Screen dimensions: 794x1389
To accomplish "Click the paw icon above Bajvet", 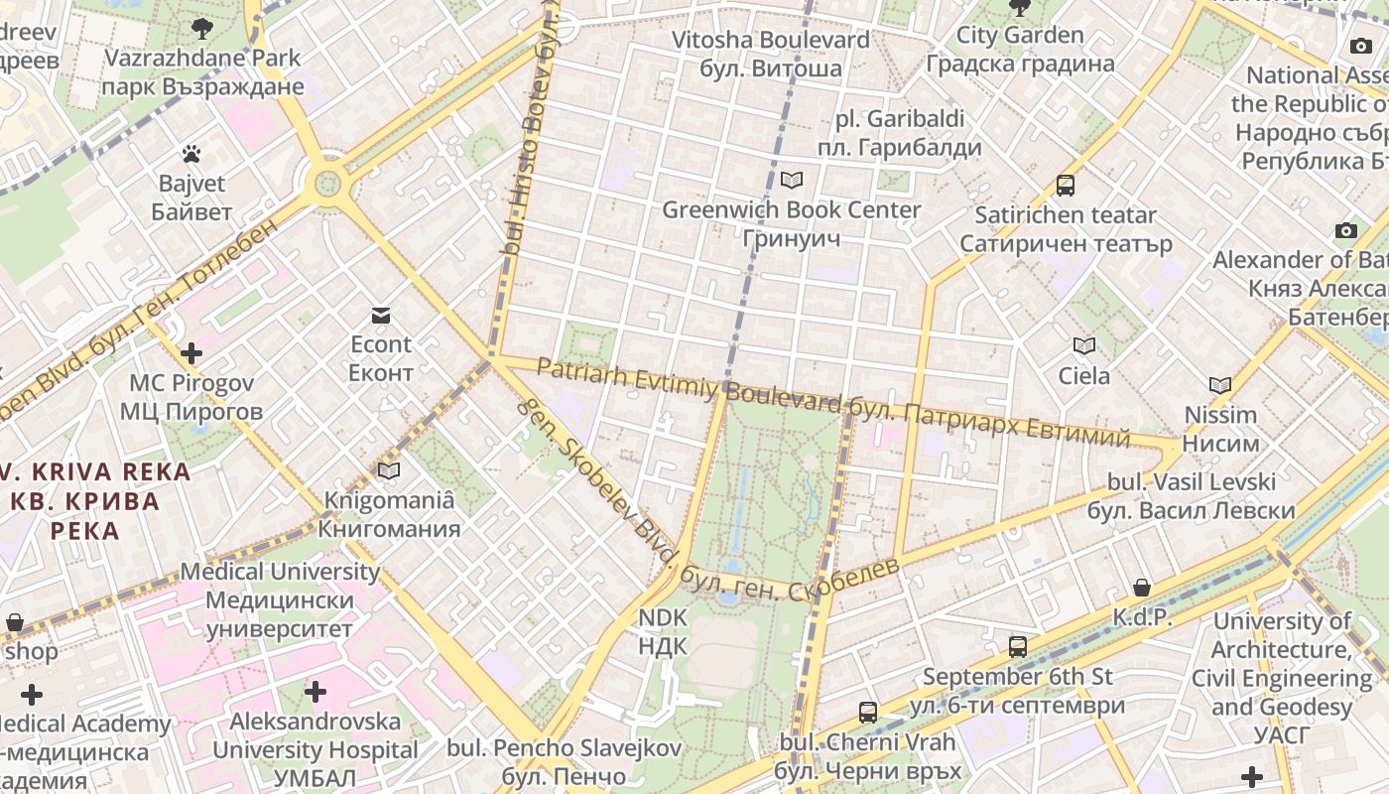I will (x=191, y=154).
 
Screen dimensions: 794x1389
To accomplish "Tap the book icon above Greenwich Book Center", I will (x=791, y=180).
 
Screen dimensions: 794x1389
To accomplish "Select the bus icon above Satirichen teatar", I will (x=1066, y=185).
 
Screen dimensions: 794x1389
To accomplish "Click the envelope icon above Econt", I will (x=381, y=316).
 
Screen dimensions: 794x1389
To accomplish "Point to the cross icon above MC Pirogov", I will (x=191, y=353).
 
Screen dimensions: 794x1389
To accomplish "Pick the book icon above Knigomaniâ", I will (x=389, y=470).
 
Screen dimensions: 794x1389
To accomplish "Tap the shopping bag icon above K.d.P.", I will (x=1142, y=588).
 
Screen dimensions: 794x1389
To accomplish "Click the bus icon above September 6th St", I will (x=1018, y=647).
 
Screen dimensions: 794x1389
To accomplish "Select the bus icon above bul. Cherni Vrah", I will (x=868, y=712).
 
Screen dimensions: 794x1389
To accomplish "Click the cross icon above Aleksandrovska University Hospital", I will (x=316, y=691).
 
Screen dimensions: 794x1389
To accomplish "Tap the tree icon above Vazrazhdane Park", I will (x=202, y=28).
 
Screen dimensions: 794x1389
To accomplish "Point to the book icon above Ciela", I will (x=1084, y=345).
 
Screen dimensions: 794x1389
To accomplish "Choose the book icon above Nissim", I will (x=1220, y=385).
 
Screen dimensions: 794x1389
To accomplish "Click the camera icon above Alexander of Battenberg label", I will (x=1345, y=231).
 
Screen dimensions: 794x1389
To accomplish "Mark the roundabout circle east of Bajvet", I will (x=328, y=183).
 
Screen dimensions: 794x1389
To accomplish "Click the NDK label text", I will (x=663, y=632).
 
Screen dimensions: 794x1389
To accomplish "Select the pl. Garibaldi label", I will (x=899, y=134).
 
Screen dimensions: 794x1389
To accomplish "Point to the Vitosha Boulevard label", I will (x=771, y=55).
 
